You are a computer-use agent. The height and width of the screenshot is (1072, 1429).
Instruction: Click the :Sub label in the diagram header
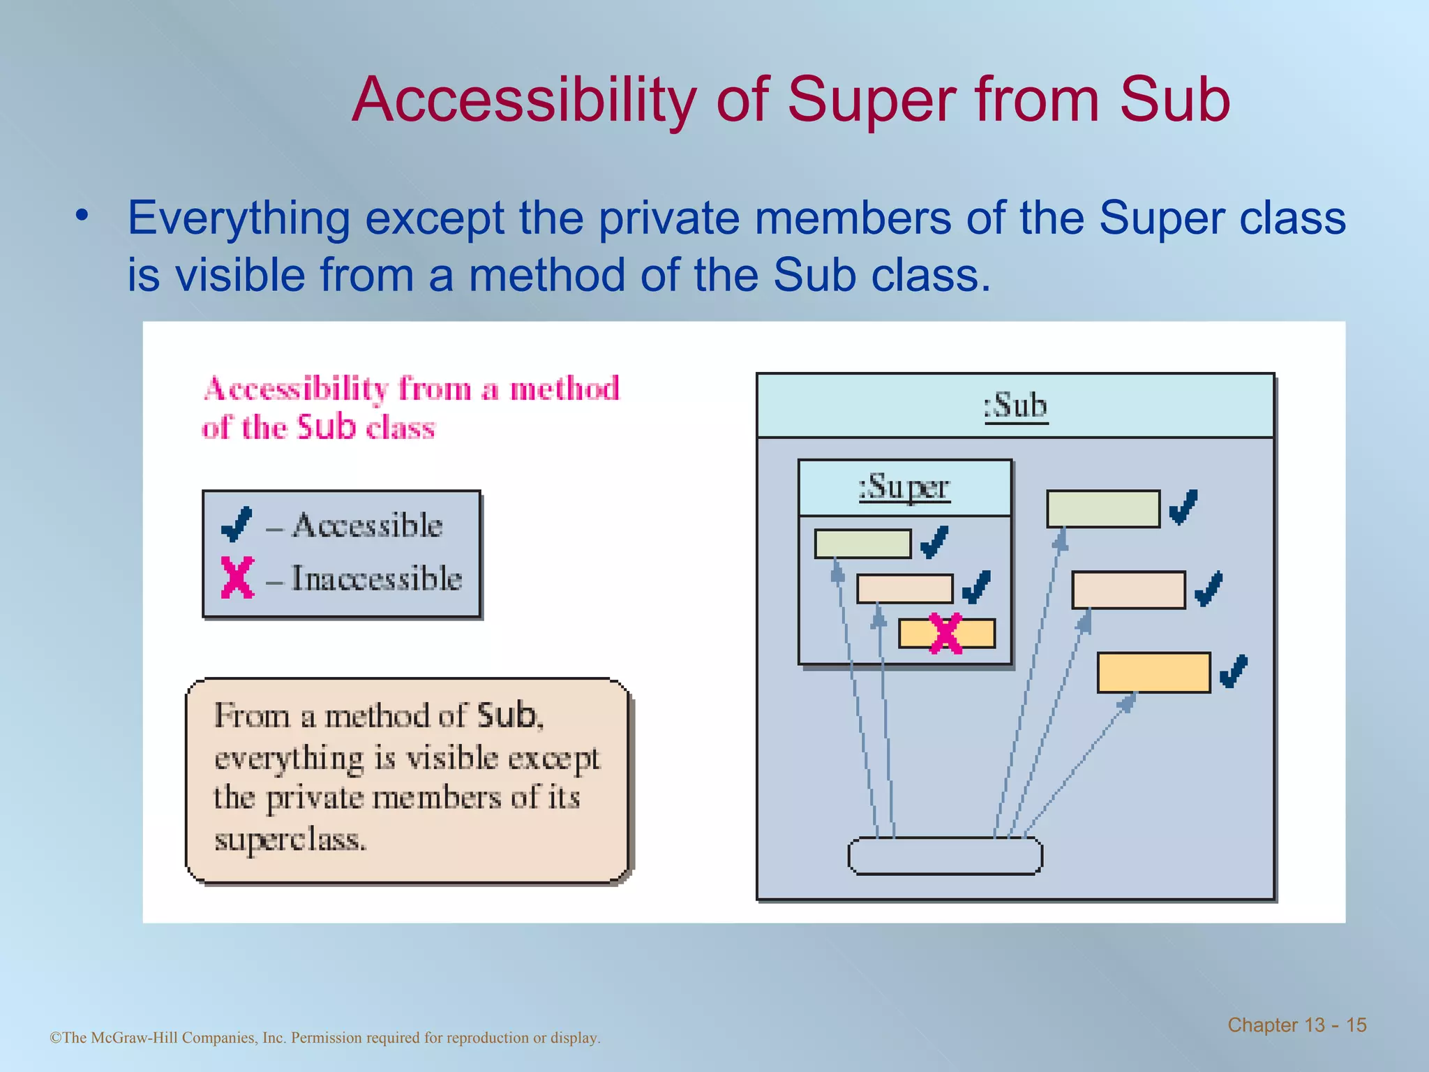pos(1016,406)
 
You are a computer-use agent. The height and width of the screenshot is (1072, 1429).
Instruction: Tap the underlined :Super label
pos(904,487)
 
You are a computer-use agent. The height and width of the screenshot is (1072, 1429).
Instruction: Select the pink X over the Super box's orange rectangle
pos(946,634)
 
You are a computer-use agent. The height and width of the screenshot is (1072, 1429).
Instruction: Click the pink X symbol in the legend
pos(237,577)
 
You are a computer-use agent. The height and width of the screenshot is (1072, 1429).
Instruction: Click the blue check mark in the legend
pos(237,525)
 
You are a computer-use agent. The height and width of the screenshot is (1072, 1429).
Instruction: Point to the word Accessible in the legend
pos(367,526)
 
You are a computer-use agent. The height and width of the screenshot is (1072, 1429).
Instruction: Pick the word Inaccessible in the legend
pos(377,579)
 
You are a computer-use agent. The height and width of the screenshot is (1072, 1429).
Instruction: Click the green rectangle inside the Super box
pos(862,544)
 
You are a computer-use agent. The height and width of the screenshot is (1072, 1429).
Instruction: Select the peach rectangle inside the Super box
pos(904,588)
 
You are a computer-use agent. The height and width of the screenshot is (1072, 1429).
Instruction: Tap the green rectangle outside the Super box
pos(1102,509)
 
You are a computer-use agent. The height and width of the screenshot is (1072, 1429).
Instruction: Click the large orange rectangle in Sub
pos(1153,672)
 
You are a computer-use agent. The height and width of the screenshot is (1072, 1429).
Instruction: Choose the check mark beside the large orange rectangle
pos(1233,671)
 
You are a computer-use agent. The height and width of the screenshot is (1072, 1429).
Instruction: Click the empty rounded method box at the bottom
pos(945,856)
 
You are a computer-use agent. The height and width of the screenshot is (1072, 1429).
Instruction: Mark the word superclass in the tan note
pos(290,840)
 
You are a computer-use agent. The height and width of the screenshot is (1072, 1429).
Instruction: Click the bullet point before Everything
pos(82,216)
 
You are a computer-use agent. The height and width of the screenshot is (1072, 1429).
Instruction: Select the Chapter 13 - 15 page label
pos(1296,1025)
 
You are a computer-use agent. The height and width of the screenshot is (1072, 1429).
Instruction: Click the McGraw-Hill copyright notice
pos(325,1038)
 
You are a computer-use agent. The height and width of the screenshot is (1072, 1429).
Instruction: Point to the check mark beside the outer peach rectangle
pos(1209,588)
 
